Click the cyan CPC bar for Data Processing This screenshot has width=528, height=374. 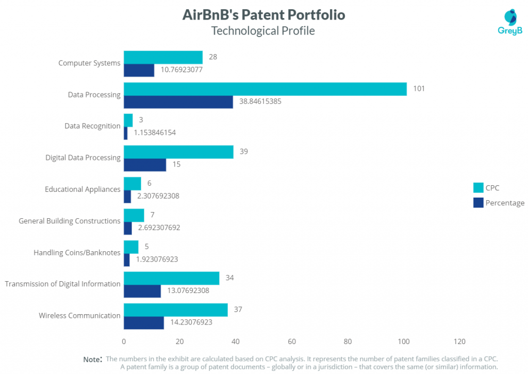point(265,89)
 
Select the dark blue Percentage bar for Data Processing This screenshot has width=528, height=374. point(178,102)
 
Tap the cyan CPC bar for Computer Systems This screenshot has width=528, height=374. point(163,57)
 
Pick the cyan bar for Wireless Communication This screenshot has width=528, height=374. point(175,310)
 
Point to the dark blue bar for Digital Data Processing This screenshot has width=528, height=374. point(145,165)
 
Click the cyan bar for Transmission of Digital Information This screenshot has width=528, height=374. point(171,278)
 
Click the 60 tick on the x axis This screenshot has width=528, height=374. point(292,342)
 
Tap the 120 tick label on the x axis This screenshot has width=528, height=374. point(459,342)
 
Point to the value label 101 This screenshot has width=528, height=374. point(419,89)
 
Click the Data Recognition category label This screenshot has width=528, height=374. point(92,126)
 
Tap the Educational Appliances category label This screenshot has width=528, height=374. point(82,189)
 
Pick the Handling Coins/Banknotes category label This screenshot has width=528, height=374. point(77,253)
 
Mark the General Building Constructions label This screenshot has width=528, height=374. point(70,221)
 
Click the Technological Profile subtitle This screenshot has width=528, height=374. point(263,31)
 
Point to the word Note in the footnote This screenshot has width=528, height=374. point(92,359)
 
